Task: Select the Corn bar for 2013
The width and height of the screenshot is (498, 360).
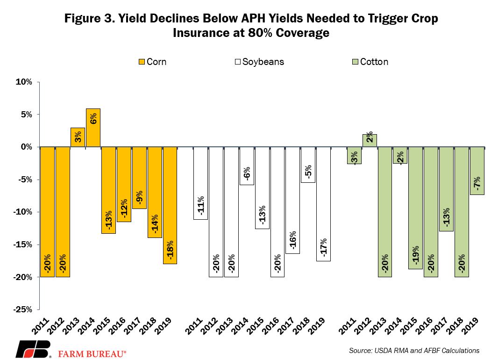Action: point(78,137)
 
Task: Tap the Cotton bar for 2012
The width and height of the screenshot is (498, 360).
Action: point(369,140)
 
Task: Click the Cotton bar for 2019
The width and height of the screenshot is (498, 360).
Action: point(477,171)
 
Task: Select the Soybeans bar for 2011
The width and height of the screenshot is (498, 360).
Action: point(201,183)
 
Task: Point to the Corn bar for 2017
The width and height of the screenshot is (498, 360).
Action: point(139,178)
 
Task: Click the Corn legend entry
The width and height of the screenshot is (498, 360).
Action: point(152,62)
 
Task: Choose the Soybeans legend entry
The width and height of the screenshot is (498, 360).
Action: point(258,62)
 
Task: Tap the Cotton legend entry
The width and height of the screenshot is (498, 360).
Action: point(370,62)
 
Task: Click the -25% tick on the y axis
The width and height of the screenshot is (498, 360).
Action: point(22,310)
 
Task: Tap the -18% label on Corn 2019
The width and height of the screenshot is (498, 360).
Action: point(170,250)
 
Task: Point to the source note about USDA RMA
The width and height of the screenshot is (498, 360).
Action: point(414,350)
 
